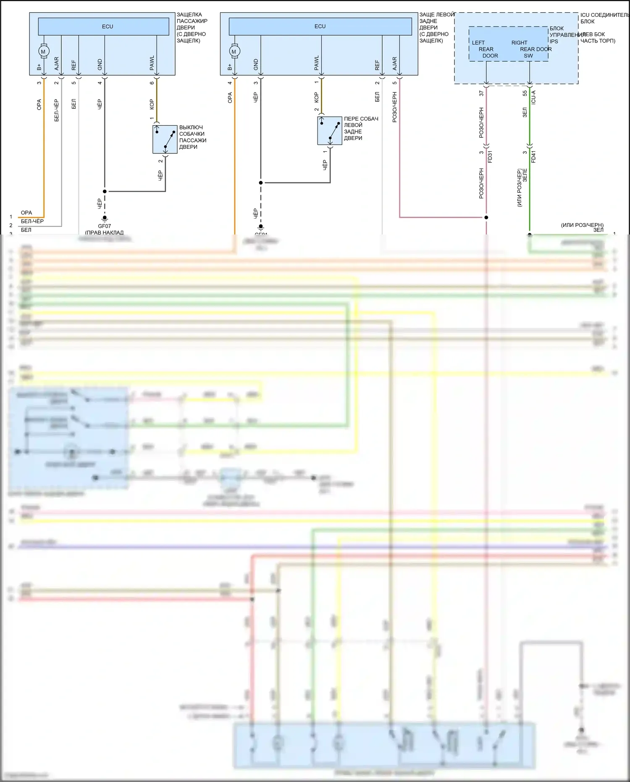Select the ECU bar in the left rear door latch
pyautogui.click(x=320, y=26)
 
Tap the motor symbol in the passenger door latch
pyautogui.click(x=43, y=51)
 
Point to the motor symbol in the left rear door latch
pyautogui.click(x=234, y=51)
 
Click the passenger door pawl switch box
pyautogui.click(x=165, y=139)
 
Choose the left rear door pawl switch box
pyautogui.click(x=330, y=131)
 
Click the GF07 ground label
pyautogui.click(x=105, y=226)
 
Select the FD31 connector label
pyautogui.click(x=490, y=157)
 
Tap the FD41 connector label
pyautogui.click(x=533, y=157)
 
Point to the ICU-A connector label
pyautogui.click(x=533, y=97)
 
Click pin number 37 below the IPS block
pyautogui.click(x=481, y=93)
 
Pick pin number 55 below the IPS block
pyautogui.click(x=525, y=93)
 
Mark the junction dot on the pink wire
pyautogui.click(x=486, y=217)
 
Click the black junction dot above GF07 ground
pyautogui.click(x=105, y=191)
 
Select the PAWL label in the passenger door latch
pyautogui.click(x=152, y=63)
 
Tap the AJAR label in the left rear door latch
pyautogui.click(x=394, y=63)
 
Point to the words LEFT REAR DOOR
pyautogui.click(x=485, y=49)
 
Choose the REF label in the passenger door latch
pyautogui.click(x=74, y=65)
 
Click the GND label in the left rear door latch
pyautogui.click(x=256, y=64)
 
